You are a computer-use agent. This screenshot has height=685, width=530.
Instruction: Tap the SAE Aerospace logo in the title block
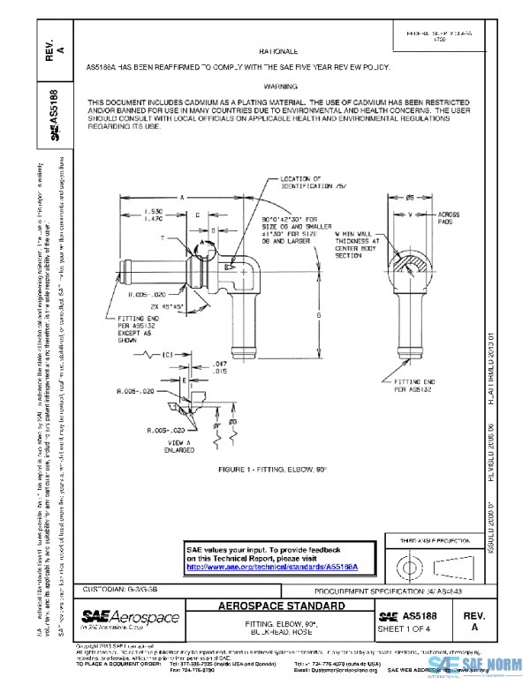(130, 617)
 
